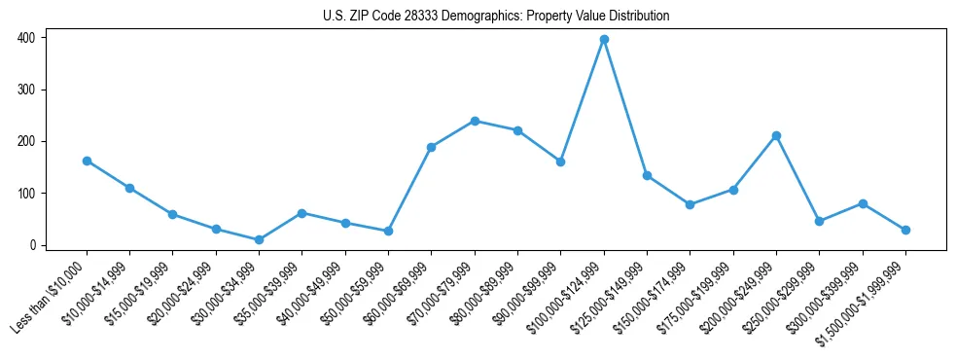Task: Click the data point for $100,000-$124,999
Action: coord(604,39)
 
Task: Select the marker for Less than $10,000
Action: coord(87,161)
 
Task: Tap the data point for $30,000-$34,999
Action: coord(259,239)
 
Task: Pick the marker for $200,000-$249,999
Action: coord(776,135)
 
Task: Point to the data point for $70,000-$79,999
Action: coord(475,121)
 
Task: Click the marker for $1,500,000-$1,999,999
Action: coord(905,230)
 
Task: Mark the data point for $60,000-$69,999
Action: coord(431,147)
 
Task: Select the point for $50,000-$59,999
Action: coord(388,231)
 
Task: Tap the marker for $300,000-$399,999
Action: coord(863,203)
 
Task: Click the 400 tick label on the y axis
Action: coord(25,38)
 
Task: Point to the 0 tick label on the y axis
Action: coord(31,245)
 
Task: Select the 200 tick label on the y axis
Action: coord(25,141)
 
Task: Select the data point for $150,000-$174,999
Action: coord(690,204)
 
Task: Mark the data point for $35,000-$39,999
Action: coord(302,213)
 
